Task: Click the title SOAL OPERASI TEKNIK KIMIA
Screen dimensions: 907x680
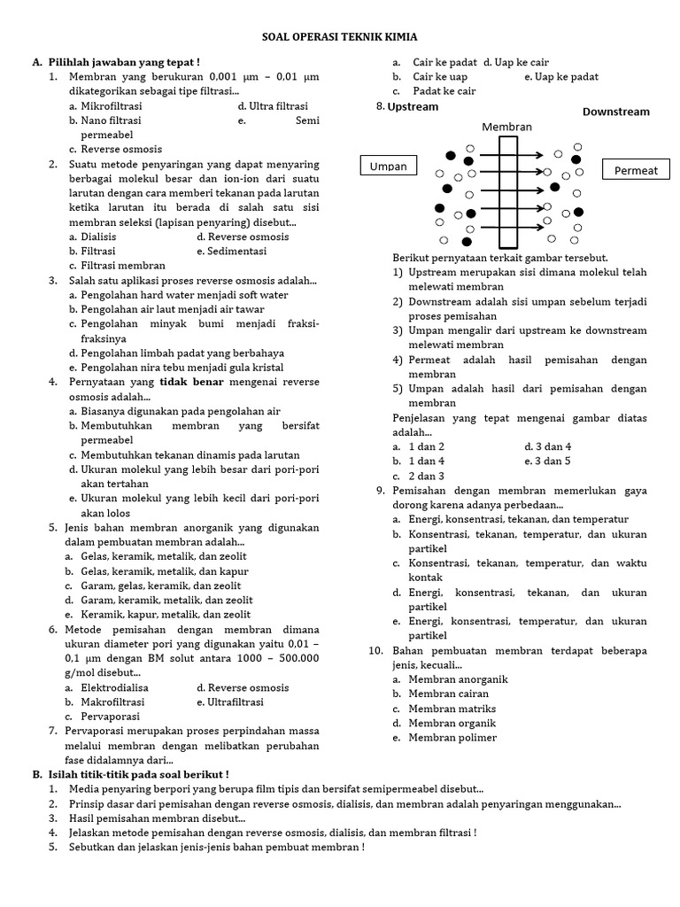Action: point(340,37)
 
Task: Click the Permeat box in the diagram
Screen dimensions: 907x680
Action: point(637,170)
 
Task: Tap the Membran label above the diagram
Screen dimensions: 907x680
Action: point(507,127)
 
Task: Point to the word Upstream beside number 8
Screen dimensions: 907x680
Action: point(413,106)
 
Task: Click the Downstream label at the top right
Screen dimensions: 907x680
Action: point(615,112)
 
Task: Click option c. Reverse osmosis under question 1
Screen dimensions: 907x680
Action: point(114,149)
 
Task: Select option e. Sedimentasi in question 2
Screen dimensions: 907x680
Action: point(236,251)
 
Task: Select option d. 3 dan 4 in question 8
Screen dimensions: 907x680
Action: point(547,446)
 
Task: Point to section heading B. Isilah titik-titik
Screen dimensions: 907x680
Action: point(130,774)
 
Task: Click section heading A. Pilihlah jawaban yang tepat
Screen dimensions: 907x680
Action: point(115,62)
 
